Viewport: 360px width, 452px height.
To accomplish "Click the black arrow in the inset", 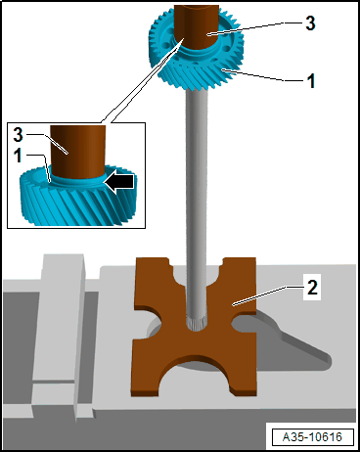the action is [x=120, y=182].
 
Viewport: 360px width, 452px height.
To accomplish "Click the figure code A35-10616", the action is [x=312, y=436].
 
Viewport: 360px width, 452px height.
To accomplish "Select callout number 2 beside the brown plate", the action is [x=312, y=288].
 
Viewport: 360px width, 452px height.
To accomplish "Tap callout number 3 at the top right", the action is [x=310, y=23].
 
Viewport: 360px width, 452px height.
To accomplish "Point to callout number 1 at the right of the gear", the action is [x=311, y=80].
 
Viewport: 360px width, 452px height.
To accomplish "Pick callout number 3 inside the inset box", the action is [x=18, y=134].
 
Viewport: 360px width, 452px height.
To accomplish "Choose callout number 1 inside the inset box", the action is [x=18, y=156].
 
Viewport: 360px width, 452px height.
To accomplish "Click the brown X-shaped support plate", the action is [x=195, y=326].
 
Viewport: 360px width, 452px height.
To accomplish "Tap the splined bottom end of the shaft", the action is [x=197, y=323].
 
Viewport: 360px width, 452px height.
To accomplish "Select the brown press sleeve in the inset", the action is [x=78, y=151].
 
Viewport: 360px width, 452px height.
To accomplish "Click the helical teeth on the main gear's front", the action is [x=199, y=76].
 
